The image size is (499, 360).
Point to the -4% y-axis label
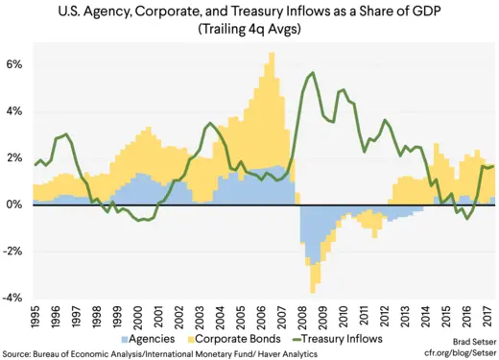(x=12, y=298)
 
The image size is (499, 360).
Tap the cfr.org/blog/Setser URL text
(x=459, y=351)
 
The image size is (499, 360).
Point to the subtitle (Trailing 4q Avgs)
(x=250, y=31)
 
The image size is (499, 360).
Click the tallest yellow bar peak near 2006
(x=272, y=54)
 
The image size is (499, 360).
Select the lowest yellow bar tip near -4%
(x=312, y=292)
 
